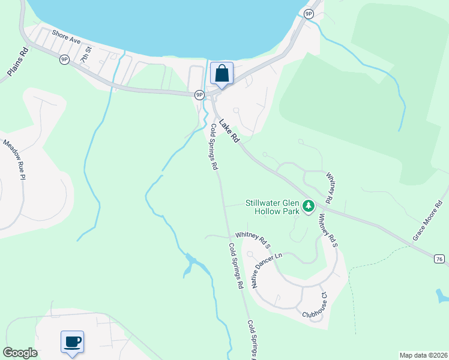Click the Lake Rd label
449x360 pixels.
(x=229, y=131)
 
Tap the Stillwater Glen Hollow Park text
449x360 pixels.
(x=272, y=208)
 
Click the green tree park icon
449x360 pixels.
(x=309, y=207)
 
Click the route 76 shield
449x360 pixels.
(x=439, y=259)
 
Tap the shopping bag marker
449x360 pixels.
(x=221, y=74)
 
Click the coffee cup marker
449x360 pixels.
(x=73, y=343)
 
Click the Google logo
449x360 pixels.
(x=20, y=353)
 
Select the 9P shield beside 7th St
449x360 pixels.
(x=64, y=59)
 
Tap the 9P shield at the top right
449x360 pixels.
(x=309, y=14)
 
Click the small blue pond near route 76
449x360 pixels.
(x=441, y=296)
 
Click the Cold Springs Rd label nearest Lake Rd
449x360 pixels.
(x=214, y=148)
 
